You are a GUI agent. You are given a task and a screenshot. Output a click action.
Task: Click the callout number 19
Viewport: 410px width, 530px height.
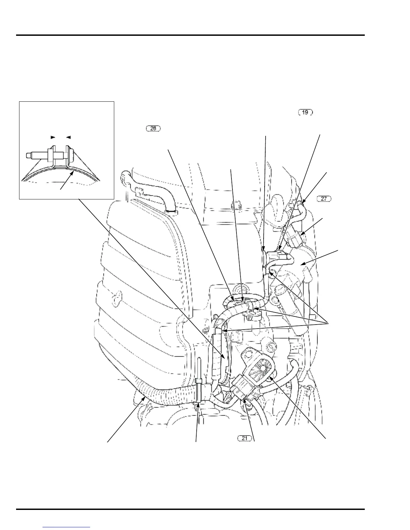[305, 112]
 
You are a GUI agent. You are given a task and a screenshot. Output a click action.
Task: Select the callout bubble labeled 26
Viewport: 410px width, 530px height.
[153, 128]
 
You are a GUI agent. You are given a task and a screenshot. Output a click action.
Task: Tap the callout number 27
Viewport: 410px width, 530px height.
[324, 199]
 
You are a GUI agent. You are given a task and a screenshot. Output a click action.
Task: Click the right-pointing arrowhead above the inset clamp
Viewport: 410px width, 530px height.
[53, 137]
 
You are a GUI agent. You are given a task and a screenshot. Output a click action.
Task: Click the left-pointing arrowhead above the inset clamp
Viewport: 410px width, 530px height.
[68, 137]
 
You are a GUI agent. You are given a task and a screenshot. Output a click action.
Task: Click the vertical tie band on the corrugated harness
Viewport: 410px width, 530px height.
[199, 388]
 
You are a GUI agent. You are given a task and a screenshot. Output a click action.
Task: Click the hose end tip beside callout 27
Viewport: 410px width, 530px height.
[302, 202]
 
